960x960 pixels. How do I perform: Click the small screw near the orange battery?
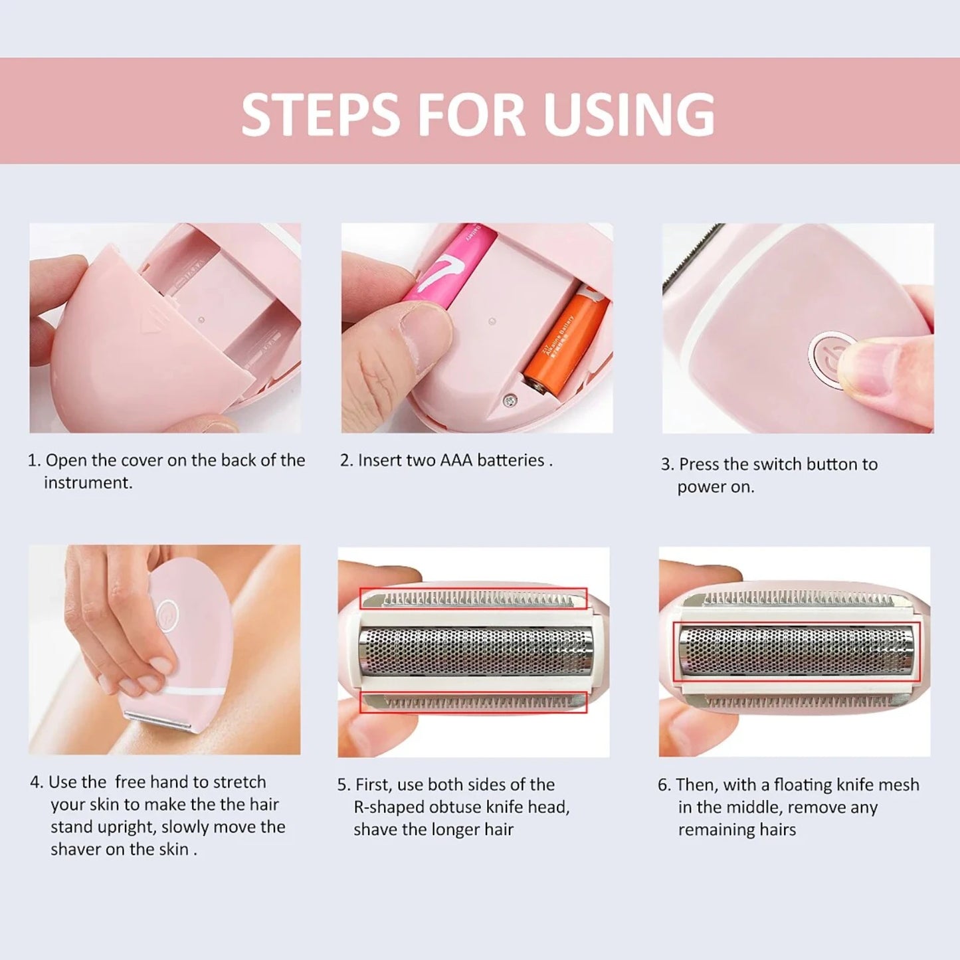click(x=508, y=399)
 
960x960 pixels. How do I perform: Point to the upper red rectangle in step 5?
click(x=473, y=599)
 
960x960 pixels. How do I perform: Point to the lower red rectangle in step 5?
click(x=473, y=702)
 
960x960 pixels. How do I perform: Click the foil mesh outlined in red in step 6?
click(x=796, y=652)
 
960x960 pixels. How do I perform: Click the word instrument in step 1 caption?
click(x=88, y=483)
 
